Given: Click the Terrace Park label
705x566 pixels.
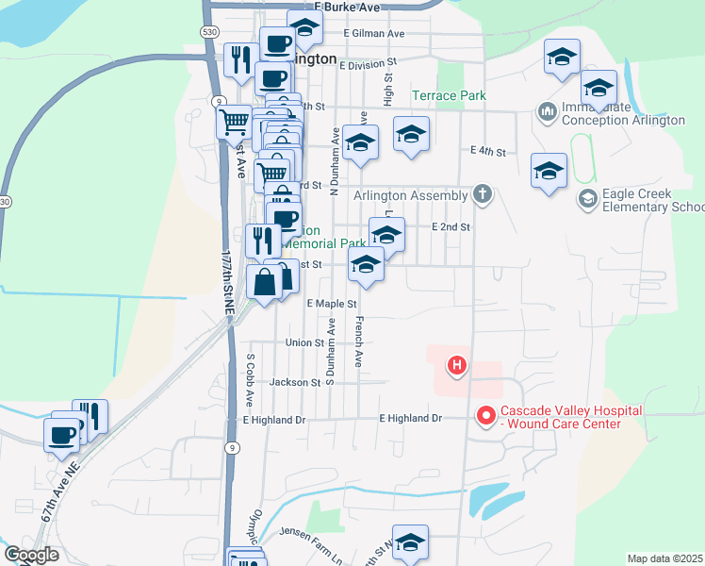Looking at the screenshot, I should click(x=449, y=95).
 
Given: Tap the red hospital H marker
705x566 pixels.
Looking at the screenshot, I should click(x=457, y=364).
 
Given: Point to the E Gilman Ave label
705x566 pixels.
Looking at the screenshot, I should click(x=373, y=33).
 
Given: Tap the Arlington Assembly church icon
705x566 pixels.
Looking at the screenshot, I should click(x=483, y=195).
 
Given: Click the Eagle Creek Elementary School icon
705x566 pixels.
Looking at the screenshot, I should click(x=587, y=198).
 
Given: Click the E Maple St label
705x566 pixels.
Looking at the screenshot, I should click(x=333, y=304).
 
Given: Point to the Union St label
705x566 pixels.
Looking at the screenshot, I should click(x=304, y=342).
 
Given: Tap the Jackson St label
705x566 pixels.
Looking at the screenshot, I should click(x=294, y=382).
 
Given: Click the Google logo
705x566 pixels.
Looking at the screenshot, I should click(x=31, y=555).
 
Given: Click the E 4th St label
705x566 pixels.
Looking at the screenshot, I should click(x=487, y=151).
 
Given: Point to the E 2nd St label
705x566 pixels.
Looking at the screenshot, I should click(x=451, y=227).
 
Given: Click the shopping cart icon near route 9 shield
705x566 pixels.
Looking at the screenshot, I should click(x=233, y=121).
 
